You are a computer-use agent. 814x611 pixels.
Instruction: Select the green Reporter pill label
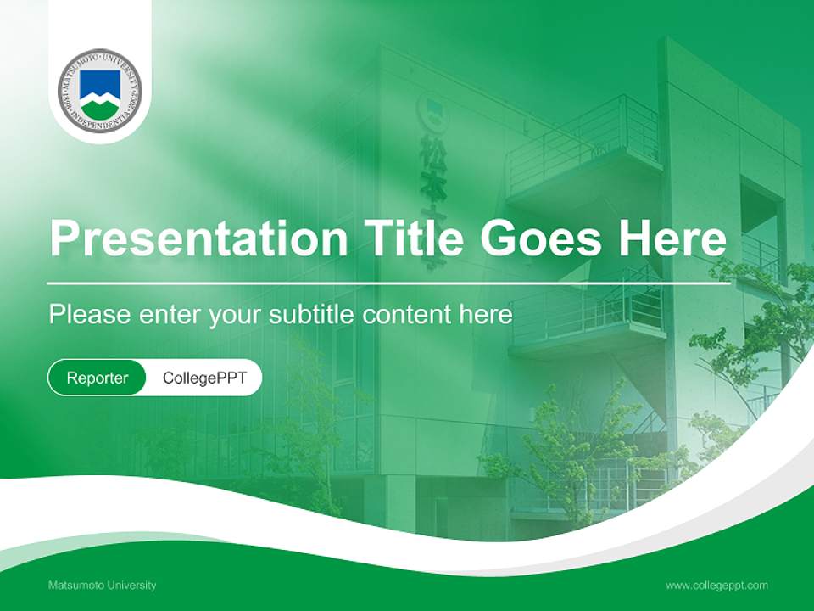97,378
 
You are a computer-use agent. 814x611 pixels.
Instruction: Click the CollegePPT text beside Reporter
204,378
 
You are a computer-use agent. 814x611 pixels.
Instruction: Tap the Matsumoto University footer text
102,586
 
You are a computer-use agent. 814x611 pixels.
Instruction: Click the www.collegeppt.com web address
716,586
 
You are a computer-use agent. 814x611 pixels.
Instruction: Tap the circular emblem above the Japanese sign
430,109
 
